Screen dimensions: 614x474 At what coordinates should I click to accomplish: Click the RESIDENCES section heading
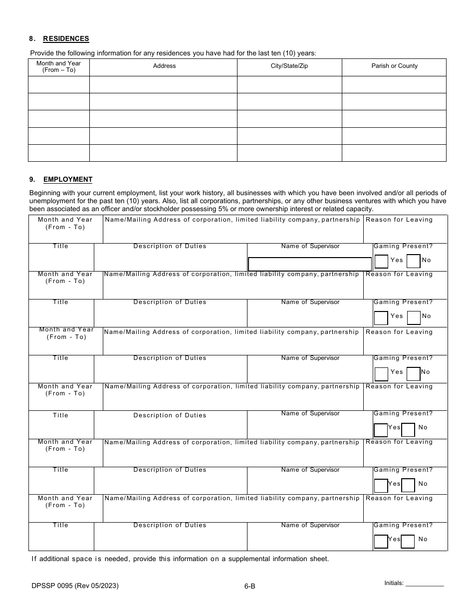coord(66,38)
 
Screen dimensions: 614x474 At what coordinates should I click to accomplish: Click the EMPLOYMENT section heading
coord(67,179)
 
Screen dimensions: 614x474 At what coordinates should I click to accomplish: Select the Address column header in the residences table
coord(164,66)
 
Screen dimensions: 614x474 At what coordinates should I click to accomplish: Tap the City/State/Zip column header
coord(289,66)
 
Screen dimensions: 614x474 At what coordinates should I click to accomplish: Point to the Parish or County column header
coord(394,66)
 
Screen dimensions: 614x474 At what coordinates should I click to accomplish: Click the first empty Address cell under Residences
coord(163,84)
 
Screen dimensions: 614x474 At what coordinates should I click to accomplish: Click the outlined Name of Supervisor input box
coord(310,264)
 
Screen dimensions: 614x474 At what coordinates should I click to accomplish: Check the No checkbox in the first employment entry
coord(413,261)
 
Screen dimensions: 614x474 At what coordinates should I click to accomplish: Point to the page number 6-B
coord(250,587)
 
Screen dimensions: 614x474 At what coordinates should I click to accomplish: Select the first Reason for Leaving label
coord(399,220)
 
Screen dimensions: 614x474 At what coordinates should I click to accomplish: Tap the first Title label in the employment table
coord(60,246)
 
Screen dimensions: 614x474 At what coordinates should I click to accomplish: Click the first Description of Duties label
coord(170,246)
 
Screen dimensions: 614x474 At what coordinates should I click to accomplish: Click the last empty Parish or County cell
coord(394,153)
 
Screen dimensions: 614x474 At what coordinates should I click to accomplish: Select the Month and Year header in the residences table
coord(58,67)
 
